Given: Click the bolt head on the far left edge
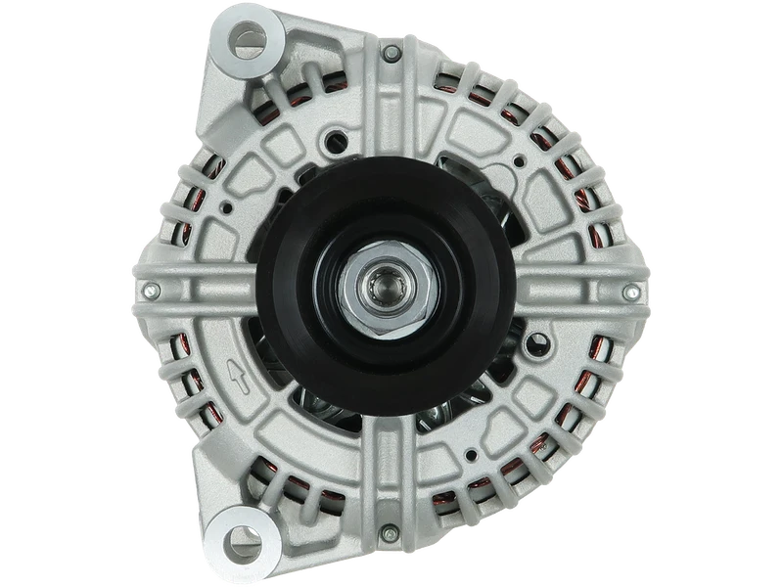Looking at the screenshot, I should (151, 290).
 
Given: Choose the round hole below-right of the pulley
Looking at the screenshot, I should (534, 345).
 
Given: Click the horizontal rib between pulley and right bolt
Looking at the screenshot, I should (568, 291).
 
